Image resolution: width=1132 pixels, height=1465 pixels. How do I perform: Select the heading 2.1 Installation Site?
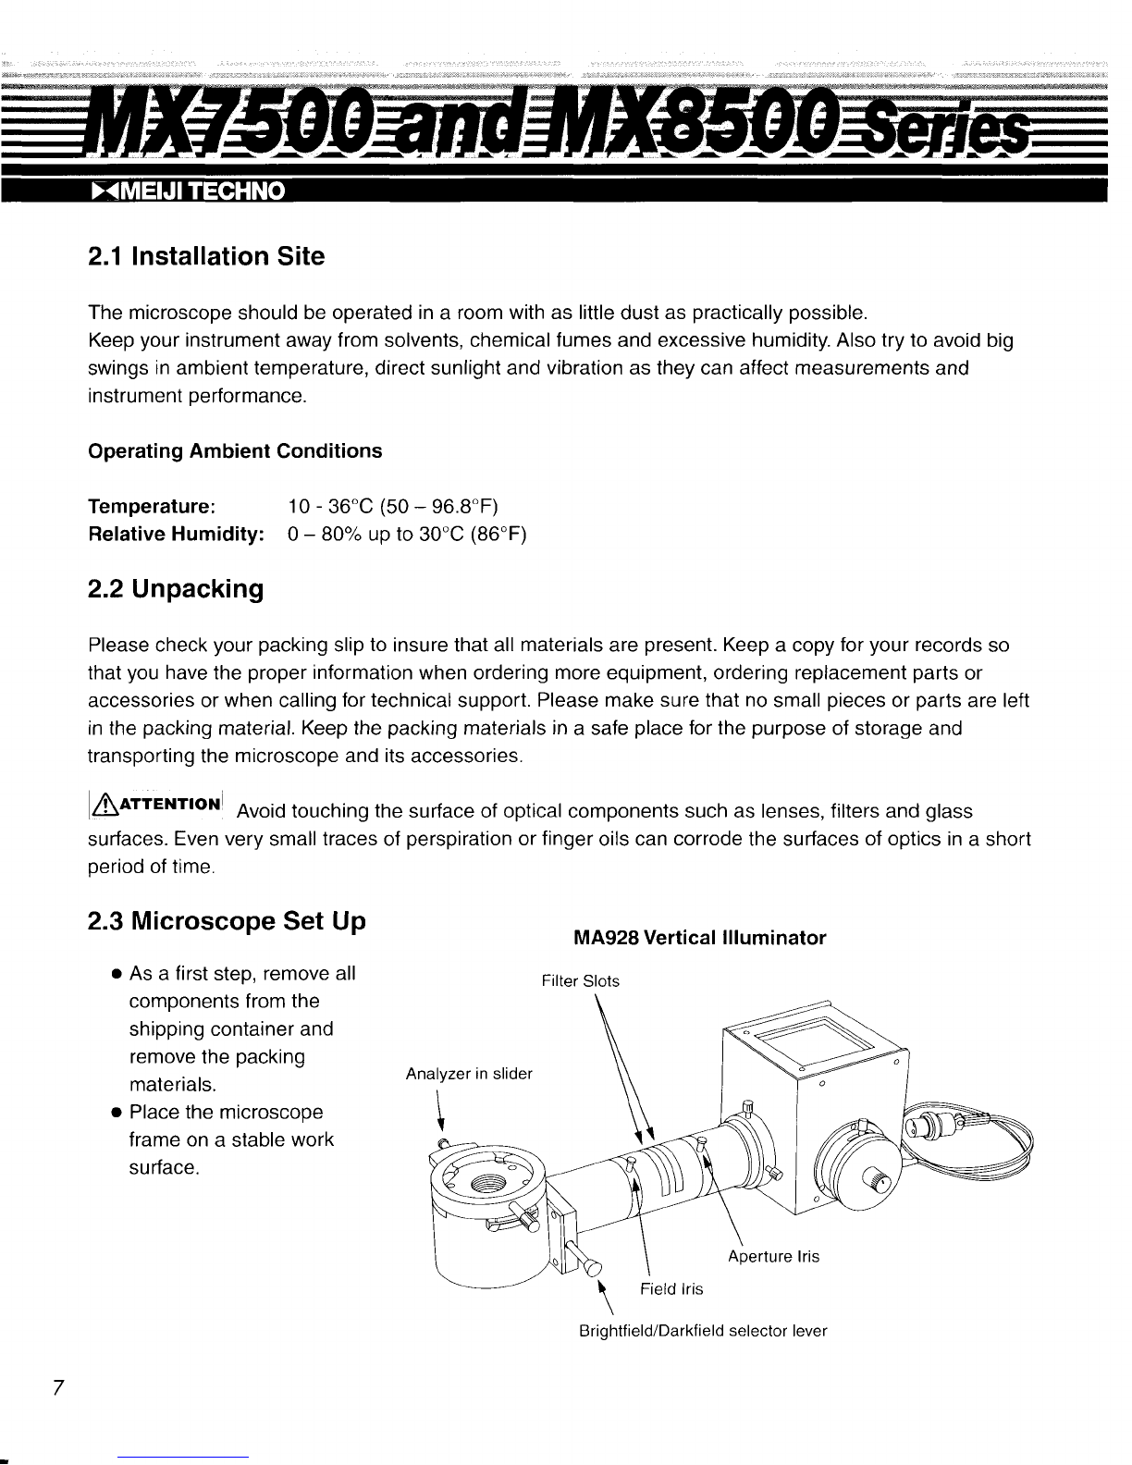205,256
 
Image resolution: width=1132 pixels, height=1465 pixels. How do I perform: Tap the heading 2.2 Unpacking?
175,589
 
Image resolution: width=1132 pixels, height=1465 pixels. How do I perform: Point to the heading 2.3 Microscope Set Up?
227,922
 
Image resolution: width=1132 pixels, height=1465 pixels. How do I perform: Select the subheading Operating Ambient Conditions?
234,451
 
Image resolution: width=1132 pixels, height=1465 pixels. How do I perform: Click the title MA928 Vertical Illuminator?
699,939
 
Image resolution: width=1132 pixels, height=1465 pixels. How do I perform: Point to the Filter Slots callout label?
580,981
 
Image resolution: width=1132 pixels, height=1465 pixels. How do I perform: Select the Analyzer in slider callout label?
469,1074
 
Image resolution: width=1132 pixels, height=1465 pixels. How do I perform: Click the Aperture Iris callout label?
773,1257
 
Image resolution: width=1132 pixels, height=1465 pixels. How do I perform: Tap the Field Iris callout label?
672,1289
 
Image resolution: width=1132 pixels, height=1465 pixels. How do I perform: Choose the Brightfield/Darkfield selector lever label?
702,1332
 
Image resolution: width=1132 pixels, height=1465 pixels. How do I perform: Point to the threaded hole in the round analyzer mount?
486,1185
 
